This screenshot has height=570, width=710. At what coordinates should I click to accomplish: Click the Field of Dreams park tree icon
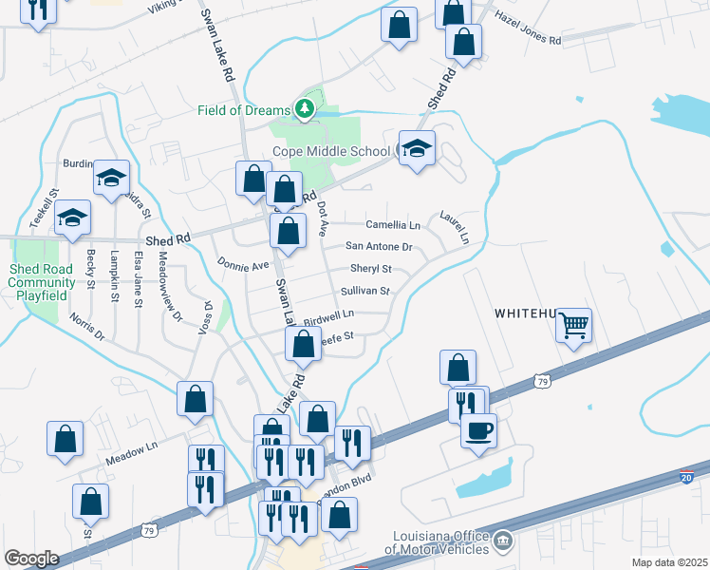[305, 110]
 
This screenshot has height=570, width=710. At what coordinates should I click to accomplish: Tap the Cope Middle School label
[330, 151]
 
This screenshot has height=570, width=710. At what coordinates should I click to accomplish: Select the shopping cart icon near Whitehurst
[574, 325]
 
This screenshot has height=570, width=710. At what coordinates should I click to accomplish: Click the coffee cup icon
[477, 428]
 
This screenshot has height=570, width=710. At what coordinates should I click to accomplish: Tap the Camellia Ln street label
[394, 225]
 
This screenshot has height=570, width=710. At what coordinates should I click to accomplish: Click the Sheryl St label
[370, 269]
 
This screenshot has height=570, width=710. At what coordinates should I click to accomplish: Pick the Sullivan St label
[365, 291]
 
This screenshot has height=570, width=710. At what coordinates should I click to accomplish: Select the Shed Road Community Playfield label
[42, 282]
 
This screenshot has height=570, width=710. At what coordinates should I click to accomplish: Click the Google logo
[31, 559]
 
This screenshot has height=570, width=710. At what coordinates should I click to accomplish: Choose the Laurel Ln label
[453, 227]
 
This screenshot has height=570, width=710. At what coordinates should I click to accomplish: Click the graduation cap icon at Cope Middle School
[417, 149]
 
